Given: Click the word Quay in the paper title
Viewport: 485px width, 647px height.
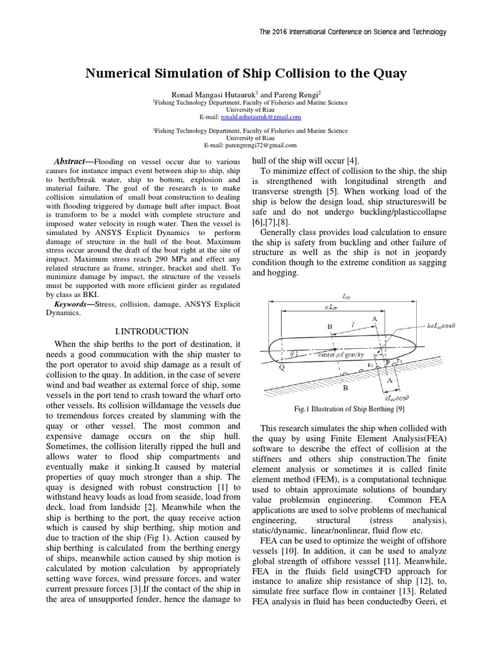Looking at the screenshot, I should pos(390,74).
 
